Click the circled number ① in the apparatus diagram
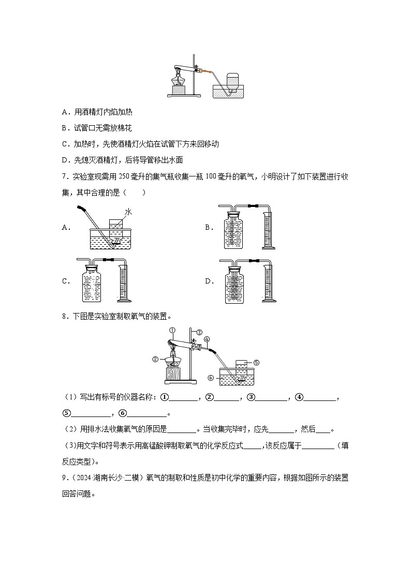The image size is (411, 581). click(x=172, y=331)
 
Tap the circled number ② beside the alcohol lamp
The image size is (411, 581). click(x=155, y=359)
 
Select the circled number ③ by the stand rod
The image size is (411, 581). click(x=199, y=332)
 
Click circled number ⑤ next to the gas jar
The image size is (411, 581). click(x=256, y=363)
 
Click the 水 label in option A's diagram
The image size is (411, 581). click(x=128, y=212)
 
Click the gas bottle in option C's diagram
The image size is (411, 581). click(x=94, y=286)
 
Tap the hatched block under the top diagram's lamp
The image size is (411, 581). click(x=179, y=90)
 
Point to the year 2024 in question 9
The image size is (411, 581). click(x=82, y=478)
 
